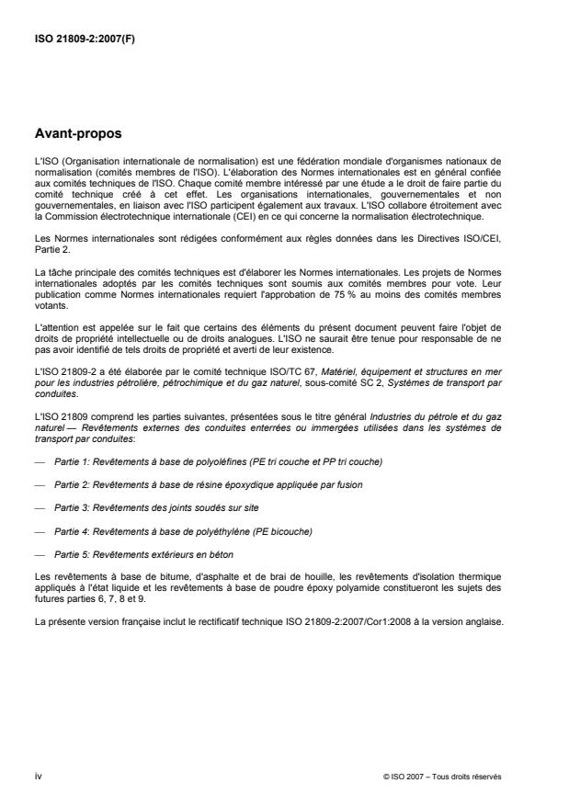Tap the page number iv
point(37,777)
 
